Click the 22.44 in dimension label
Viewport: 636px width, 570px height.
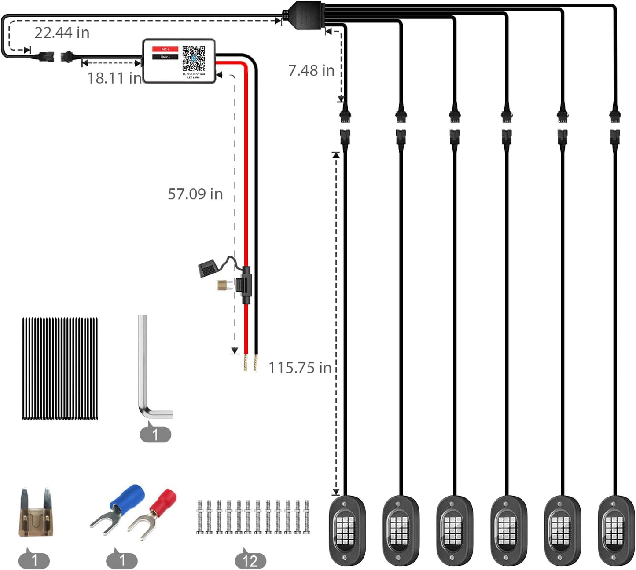click(x=62, y=33)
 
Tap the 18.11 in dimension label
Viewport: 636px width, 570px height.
click(x=114, y=78)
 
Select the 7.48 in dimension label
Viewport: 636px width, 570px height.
click(x=311, y=70)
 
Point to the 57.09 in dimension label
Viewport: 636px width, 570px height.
click(x=195, y=194)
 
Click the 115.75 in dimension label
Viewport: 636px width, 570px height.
click(x=300, y=368)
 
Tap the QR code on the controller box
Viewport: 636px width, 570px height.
click(x=194, y=58)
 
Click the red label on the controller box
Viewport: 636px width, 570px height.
click(x=165, y=49)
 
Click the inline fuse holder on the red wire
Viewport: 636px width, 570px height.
click(x=246, y=285)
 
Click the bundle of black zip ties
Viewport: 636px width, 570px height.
click(x=60, y=369)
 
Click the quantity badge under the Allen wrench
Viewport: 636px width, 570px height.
click(x=155, y=435)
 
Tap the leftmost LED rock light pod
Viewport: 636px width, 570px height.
click(x=347, y=530)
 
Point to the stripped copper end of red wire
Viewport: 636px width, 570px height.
click(x=246, y=363)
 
